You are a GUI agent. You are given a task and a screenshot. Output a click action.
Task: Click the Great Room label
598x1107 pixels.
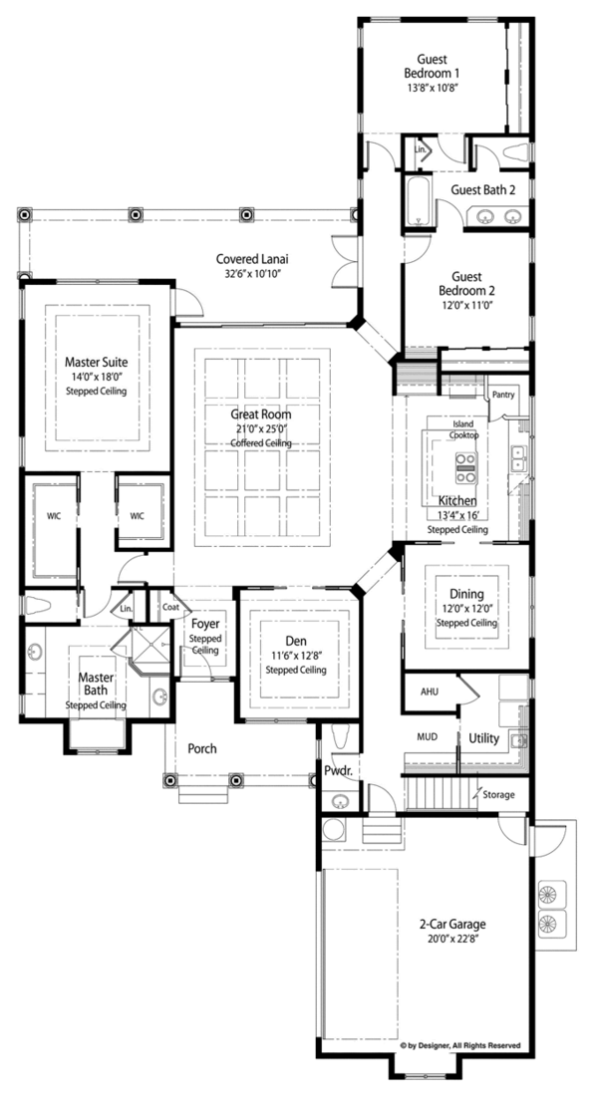260,415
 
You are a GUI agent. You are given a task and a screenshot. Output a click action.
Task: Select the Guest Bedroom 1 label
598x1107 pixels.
432,67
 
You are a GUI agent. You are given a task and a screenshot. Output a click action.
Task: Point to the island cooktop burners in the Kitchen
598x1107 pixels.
465,467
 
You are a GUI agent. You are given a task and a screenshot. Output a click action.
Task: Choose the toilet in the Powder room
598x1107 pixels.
340,737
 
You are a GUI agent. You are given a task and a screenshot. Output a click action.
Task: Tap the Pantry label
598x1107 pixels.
503,395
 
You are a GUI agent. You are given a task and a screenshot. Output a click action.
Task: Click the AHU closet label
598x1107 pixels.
430,692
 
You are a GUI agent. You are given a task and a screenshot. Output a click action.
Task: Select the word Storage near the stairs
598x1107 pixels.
498,795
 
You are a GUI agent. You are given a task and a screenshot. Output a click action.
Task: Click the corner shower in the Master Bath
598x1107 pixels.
149,651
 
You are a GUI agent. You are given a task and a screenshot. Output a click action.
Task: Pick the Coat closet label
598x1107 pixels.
170,607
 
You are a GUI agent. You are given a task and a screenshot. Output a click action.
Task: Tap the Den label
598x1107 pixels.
296,641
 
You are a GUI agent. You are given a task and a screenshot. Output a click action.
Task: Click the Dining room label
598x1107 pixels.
466,595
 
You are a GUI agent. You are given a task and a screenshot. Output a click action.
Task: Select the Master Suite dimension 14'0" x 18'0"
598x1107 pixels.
96,378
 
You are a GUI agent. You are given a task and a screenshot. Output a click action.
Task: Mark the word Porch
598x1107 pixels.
202,748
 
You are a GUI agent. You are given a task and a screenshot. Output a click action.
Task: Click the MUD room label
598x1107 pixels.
428,736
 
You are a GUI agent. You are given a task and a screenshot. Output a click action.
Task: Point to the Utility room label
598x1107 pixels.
484,738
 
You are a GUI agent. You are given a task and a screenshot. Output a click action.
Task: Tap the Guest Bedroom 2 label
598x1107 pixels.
466,284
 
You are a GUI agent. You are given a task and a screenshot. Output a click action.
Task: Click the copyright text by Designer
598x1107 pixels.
459,1045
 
